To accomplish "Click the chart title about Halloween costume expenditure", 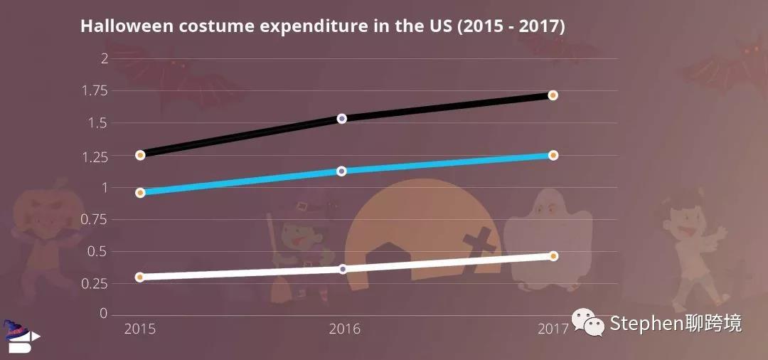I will click(322, 26).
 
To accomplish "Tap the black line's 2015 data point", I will click(140, 154).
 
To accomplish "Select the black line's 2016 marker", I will click(341, 118).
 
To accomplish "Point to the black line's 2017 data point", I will click(553, 95).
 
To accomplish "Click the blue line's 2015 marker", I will click(140, 192).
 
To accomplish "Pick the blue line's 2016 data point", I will click(341, 171).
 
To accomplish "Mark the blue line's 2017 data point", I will click(553, 155).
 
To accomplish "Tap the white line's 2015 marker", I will click(140, 277).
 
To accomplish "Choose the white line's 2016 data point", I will click(342, 269).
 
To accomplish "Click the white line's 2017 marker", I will click(553, 255).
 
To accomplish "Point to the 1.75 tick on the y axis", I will click(94, 90).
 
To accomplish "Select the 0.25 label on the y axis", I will click(94, 283).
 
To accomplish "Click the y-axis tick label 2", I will click(104, 58).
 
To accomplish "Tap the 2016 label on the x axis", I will click(344, 329).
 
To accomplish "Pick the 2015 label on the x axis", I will click(140, 329).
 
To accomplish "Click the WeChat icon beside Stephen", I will click(590, 324).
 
